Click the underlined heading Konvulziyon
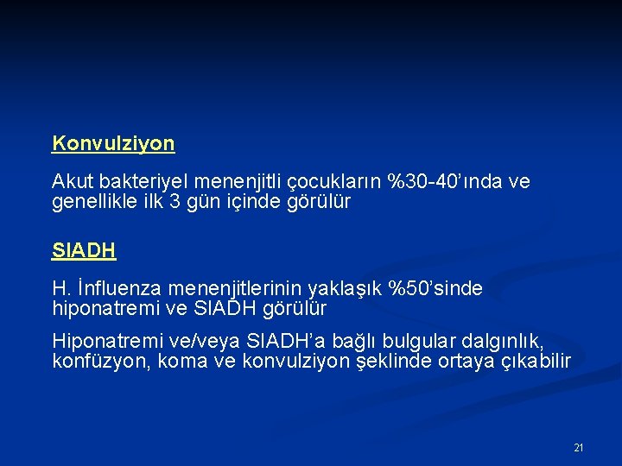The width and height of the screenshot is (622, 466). point(113,143)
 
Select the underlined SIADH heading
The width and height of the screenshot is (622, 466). point(84,251)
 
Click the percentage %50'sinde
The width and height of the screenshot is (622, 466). point(435,288)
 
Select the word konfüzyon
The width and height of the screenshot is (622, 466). point(98,361)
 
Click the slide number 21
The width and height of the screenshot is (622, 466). point(579,448)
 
